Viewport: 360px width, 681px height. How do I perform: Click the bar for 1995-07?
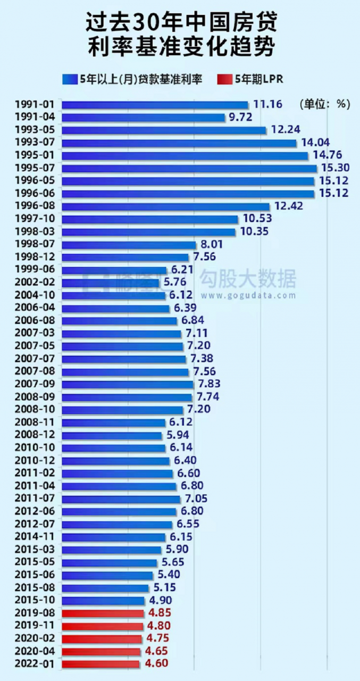pyautogui.click(x=189, y=168)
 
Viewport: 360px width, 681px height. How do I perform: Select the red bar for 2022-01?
pyautogui.click(x=101, y=664)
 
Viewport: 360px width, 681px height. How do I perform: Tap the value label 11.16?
pyautogui.click(x=267, y=104)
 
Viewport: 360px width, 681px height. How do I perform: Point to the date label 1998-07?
pyautogui.click(x=35, y=244)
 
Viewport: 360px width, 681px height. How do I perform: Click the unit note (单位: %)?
pyautogui.click(x=324, y=104)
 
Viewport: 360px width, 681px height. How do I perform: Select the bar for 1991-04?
pyautogui.click(x=143, y=117)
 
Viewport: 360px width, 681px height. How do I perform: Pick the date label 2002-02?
pyautogui.click(x=35, y=283)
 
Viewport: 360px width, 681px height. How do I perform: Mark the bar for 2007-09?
pyautogui.click(x=128, y=384)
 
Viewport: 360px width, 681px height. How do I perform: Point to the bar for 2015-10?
pyautogui.click(x=103, y=600)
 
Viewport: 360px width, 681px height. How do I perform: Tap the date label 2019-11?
pyautogui.click(x=35, y=625)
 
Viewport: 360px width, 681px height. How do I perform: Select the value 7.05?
pyautogui.click(x=195, y=499)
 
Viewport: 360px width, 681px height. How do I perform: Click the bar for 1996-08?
pyautogui.click(x=166, y=206)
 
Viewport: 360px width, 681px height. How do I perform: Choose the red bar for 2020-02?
pyautogui.click(x=102, y=638)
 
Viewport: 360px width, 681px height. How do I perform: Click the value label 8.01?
pyautogui.click(x=211, y=244)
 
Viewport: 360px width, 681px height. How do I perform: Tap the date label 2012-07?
pyautogui.click(x=35, y=524)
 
